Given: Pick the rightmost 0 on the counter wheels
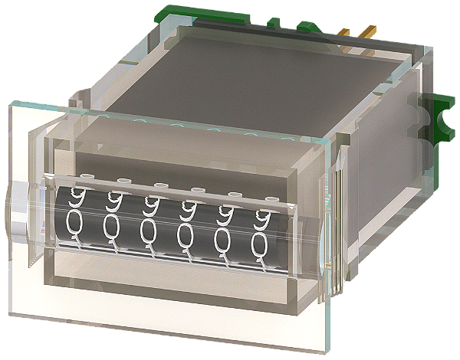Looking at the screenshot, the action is click(x=259, y=245).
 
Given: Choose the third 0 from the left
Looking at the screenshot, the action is click(x=149, y=232).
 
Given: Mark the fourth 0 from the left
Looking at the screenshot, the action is click(x=186, y=236).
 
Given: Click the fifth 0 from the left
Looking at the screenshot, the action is click(x=222, y=241).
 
